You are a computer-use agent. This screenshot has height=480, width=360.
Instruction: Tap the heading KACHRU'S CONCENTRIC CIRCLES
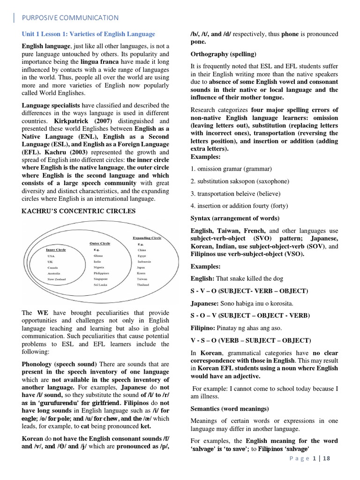pyautogui.click(x=79, y=211)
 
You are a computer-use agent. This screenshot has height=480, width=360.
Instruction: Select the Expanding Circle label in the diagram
pyautogui.click(x=147, y=238)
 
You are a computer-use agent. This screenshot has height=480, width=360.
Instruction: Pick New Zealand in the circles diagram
pyautogui.click(x=57, y=279)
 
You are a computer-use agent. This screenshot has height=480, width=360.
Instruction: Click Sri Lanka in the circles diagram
pyautogui.click(x=101, y=285)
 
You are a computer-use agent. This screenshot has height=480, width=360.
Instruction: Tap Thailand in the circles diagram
pyautogui.click(x=143, y=285)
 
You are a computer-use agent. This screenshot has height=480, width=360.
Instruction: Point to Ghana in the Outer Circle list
pyautogui.click(x=98, y=256)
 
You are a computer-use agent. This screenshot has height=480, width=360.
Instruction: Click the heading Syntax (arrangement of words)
pyautogui.click(x=235, y=218)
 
